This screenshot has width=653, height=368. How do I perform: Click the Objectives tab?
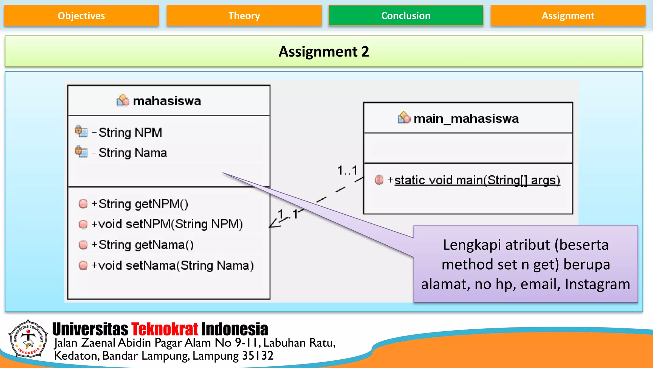coord(81,16)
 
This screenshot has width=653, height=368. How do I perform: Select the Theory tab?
coord(244,16)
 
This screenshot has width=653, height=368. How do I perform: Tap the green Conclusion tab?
coord(406,16)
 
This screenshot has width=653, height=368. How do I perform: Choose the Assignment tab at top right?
coord(568,16)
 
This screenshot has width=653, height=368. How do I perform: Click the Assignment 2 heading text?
coord(324,52)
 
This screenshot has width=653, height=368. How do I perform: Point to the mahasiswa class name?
coord(167,101)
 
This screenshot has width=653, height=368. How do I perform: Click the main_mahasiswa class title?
coord(466,119)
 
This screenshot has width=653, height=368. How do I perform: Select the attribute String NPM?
coord(130,133)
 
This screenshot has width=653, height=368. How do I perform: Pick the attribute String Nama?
coord(133,153)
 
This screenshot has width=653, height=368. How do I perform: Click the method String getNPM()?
coord(143,204)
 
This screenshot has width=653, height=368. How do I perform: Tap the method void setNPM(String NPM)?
coord(170,224)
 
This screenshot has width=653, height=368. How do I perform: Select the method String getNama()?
coord(146,245)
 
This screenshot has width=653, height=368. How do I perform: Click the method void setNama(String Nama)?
coord(176,265)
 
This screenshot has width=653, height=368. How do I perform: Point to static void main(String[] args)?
coord(477,180)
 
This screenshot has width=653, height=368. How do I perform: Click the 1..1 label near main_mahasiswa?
coord(347,171)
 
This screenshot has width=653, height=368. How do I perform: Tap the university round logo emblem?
coord(28,339)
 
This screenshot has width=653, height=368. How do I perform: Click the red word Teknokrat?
coord(165,329)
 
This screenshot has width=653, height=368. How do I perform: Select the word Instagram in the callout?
coord(597,284)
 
